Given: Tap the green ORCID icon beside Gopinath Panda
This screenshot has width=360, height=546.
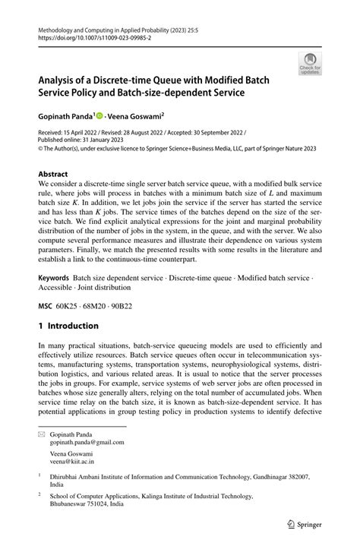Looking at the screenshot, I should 99,117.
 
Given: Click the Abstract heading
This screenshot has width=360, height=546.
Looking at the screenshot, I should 57,174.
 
